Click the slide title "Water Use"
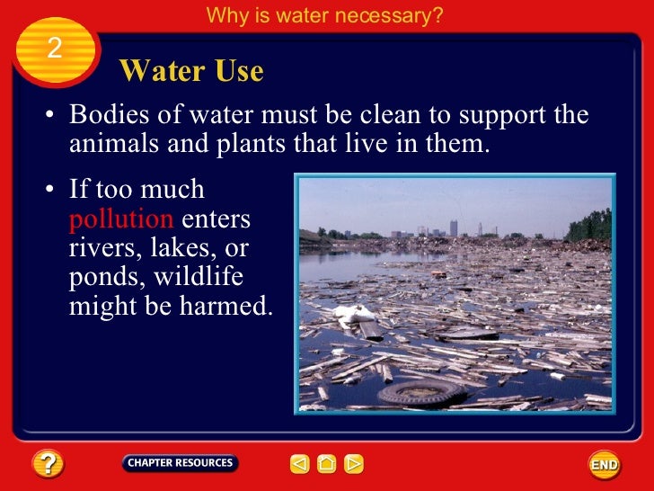tap(190, 71)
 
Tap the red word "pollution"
tap(121, 219)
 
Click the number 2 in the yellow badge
tap(54, 48)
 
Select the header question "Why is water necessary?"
tap(324, 15)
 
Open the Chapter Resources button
tap(180, 463)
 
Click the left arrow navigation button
tap(299, 464)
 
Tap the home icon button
tap(327, 464)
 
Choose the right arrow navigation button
tap(354, 464)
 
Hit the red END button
tap(604, 464)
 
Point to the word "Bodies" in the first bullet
tap(111, 116)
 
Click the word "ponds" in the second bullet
tap(101, 277)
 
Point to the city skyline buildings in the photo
tap(449, 228)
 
